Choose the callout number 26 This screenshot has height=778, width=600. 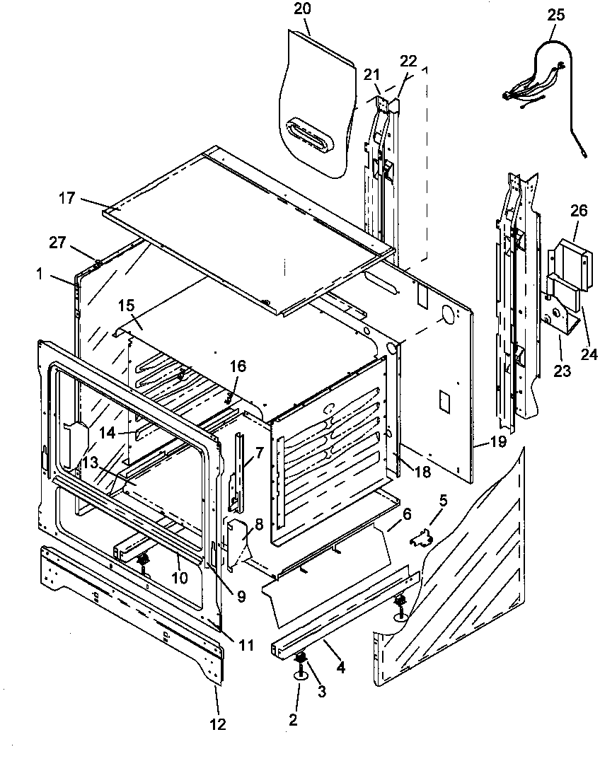[579, 211]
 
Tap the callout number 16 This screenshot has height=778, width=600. [238, 366]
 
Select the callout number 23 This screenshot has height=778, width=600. [562, 371]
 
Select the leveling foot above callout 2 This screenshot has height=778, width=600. [300, 665]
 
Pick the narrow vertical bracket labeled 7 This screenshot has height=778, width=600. [238, 470]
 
